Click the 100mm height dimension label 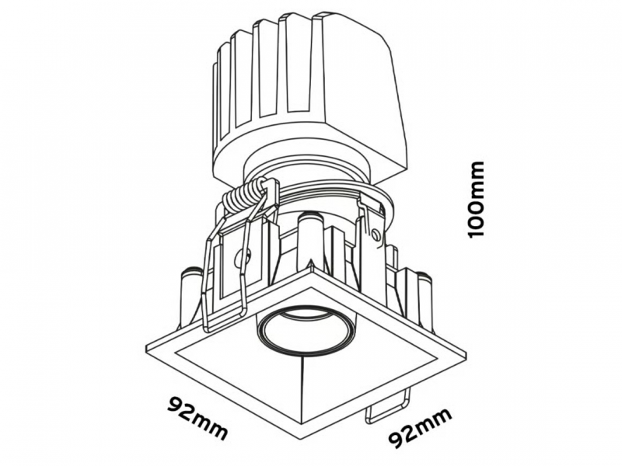[476, 199]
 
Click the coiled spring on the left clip [244, 196]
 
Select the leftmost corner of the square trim [146, 347]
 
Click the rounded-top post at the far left [190, 297]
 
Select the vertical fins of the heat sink [270, 79]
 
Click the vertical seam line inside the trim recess [302, 388]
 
